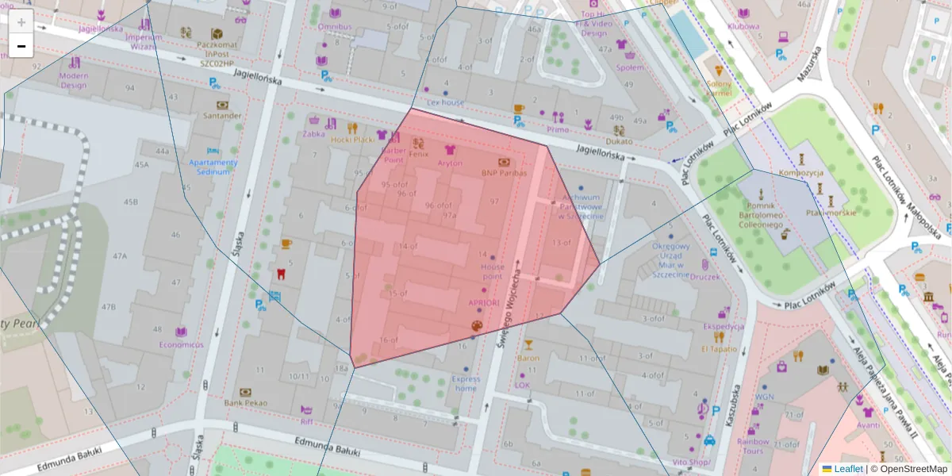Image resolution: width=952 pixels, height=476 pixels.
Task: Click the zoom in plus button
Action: [x=21, y=22]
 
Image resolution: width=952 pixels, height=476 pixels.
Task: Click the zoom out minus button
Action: [x=21, y=46]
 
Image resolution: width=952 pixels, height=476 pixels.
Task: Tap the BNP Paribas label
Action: [x=504, y=172]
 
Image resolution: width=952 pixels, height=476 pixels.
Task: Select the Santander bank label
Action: [x=222, y=116]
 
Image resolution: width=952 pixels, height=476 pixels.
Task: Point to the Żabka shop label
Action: [x=313, y=134]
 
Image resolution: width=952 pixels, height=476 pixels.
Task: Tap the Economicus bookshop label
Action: [x=181, y=344]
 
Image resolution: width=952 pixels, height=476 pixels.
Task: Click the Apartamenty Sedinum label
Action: [x=213, y=167]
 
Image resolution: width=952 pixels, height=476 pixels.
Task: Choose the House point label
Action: [x=492, y=271]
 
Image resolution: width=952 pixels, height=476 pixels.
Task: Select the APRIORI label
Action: [x=483, y=302]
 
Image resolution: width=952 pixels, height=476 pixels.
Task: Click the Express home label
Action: [x=466, y=383]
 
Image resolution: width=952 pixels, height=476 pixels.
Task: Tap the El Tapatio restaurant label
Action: [x=719, y=348]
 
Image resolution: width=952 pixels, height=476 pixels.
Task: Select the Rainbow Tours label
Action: [x=753, y=446]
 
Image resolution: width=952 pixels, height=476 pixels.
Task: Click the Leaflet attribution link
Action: [x=848, y=469]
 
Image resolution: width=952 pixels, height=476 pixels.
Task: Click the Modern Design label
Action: [x=73, y=80]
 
